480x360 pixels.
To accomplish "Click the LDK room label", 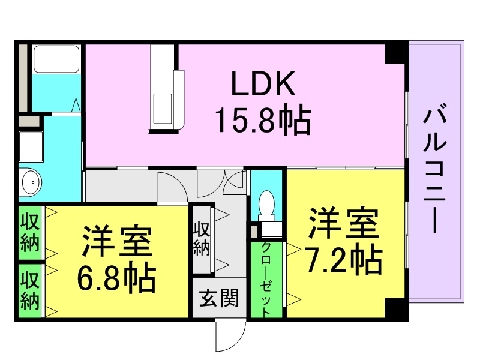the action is click(x=263, y=83).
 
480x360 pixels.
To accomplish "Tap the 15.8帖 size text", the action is click(x=263, y=119).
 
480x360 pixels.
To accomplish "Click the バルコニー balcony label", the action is click(x=434, y=169).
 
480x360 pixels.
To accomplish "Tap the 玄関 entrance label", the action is click(x=219, y=298).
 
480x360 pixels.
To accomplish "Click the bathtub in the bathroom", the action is click(x=56, y=59).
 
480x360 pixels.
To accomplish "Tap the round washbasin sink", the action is click(x=32, y=182).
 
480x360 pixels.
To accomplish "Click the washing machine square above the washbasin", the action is click(x=31, y=146).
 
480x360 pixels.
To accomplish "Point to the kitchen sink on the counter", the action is click(x=162, y=109).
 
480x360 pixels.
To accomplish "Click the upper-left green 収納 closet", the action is click(x=30, y=233).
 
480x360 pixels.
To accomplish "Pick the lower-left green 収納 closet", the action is click(x=30, y=291).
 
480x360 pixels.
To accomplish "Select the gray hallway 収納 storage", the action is click(x=202, y=239).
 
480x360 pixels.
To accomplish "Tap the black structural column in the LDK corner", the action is click(x=395, y=54).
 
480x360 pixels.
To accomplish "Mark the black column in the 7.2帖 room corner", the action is click(x=395, y=308).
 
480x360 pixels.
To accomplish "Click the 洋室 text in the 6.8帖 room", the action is click(x=117, y=241).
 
